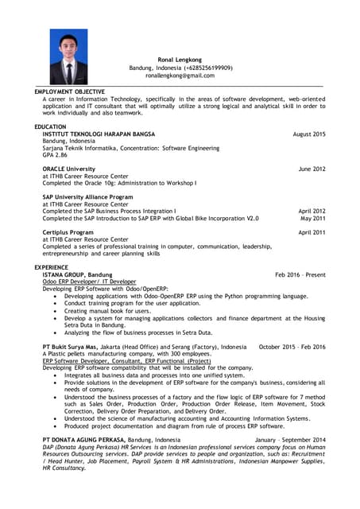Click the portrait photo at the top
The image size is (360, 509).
[68, 57]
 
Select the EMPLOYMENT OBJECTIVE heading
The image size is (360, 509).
[69, 91]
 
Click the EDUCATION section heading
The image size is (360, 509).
[50, 127]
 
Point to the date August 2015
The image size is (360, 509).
[309, 134]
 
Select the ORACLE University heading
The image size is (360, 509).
[68, 169]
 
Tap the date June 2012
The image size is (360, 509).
[312, 169]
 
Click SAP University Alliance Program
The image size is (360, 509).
[87, 196]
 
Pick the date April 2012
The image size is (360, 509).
[312, 211]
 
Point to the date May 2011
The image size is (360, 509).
[313, 218]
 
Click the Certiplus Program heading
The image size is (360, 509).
[68, 232]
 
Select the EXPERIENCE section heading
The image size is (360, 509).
[52, 267]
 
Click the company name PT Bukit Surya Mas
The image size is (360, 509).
[70, 348]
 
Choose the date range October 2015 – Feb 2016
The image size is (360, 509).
[292, 348]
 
